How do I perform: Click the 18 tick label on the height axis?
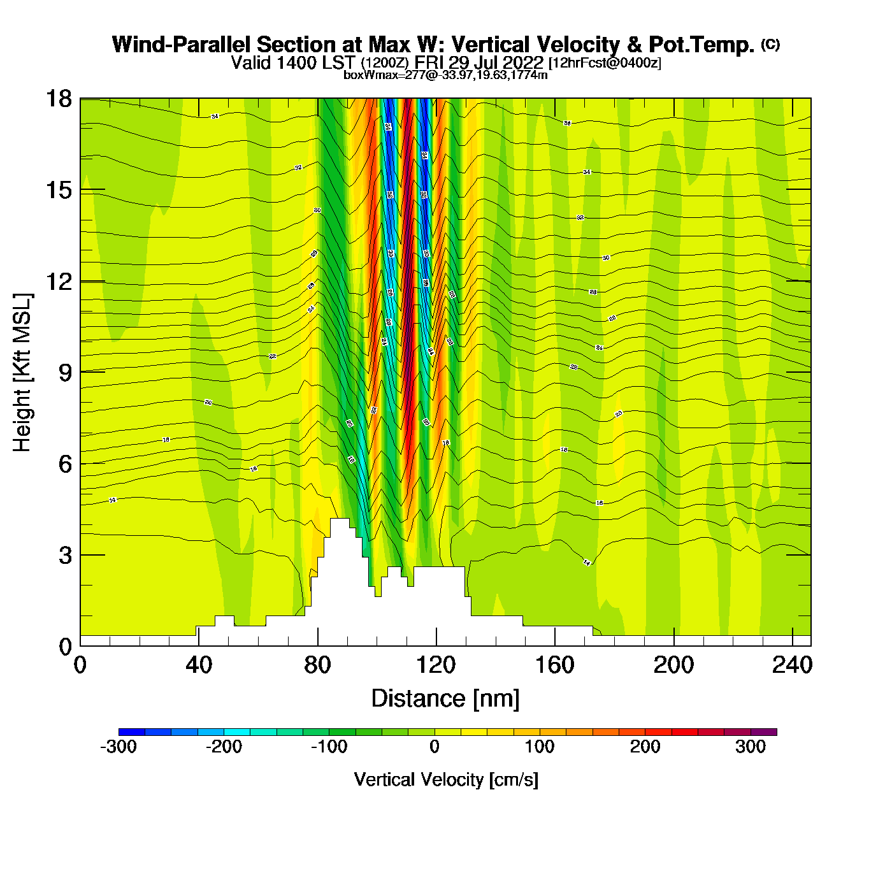point(59,99)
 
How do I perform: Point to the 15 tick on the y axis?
point(59,191)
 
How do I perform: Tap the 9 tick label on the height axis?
point(65,373)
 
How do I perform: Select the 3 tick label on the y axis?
point(65,555)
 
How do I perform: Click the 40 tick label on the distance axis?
point(199,665)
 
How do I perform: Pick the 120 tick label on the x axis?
point(436,665)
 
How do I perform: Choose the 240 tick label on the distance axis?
point(792,665)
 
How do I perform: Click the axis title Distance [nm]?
point(445,699)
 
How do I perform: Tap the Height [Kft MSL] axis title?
point(22,373)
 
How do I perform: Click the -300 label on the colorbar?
point(119,747)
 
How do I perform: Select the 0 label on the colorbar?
point(435,747)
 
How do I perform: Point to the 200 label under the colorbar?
point(645,747)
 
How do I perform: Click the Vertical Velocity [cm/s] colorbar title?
point(446,779)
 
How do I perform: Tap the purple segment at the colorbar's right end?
point(763,732)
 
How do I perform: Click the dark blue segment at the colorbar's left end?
point(132,732)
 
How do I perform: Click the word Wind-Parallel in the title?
point(182,45)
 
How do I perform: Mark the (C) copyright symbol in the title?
point(770,44)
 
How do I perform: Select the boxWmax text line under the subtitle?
point(445,75)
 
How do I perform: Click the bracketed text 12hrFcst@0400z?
point(605,63)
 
